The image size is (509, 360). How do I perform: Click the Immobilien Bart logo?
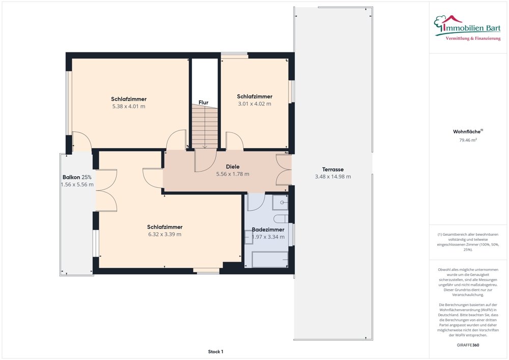pyautogui.click(x=467, y=28)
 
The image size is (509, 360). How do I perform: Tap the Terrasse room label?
pyautogui.click(x=333, y=170)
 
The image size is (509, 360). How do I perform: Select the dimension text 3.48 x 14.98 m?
pyautogui.click(x=333, y=177)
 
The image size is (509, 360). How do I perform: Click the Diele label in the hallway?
pyautogui.click(x=233, y=167)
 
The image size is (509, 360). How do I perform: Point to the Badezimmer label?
pyautogui.click(x=268, y=230)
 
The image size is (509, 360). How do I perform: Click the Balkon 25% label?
pyautogui.click(x=77, y=177)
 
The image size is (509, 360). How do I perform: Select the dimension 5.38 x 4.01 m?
pyautogui.click(x=129, y=106)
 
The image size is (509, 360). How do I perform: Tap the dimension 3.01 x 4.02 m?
pyautogui.click(x=254, y=103)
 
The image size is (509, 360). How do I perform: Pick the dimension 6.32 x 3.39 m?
pyautogui.click(x=164, y=234)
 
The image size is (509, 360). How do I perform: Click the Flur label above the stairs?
pyautogui.click(x=204, y=102)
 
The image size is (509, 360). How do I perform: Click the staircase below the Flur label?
pyautogui.click(x=205, y=127)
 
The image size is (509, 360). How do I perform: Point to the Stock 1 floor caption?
pyautogui.click(x=215, y=351)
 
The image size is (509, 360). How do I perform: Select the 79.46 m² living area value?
pyautogui.click(x=468, y=140)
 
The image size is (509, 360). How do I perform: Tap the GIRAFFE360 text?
pyautogui.click(x=468, y=345)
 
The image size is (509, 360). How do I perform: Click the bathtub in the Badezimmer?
pyautogui.click(x=270, y=259)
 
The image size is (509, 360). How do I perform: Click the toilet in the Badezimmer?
pyautogui.click(x=281, y=218)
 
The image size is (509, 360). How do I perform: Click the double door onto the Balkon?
pyautogui.click(x=106, y=190)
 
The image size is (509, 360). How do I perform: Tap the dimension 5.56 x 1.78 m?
pyautogui.click(x=233, y=174)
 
